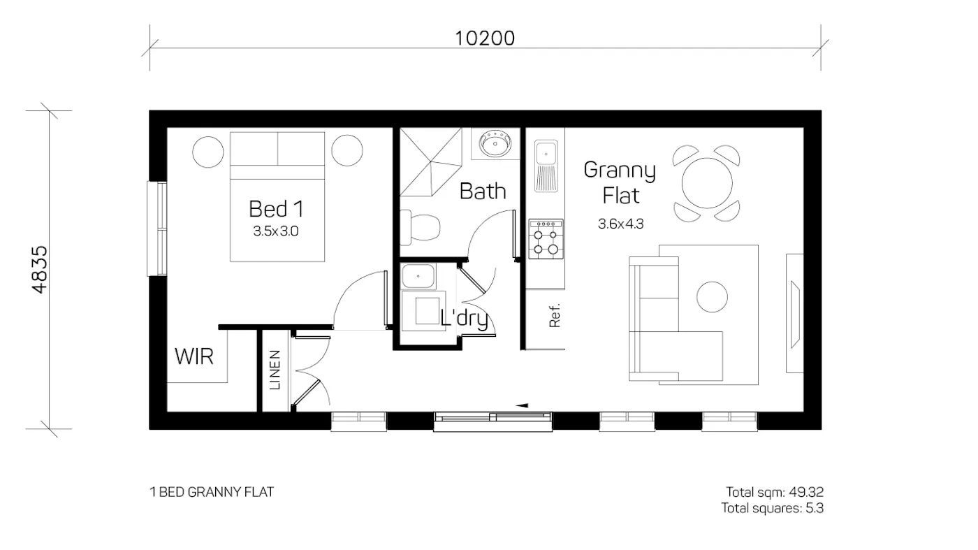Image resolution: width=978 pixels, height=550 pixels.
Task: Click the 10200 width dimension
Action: click(485, 38)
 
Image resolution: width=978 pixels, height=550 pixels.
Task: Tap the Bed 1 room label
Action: click(276, 208)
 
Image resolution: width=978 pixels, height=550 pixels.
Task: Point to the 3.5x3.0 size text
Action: click(276, 231)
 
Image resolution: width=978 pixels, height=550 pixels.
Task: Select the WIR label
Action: click(194, 357)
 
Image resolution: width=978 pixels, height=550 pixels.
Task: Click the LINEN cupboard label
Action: click(275, 370)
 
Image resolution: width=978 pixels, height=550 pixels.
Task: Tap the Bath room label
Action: click(483, 191)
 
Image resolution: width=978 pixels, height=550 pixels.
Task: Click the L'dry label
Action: click(464, 319)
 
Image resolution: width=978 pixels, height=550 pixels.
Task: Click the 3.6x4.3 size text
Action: click(620, 224)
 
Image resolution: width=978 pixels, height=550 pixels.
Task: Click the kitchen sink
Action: click(546, 165)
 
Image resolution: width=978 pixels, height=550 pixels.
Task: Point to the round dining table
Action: click(707, 182)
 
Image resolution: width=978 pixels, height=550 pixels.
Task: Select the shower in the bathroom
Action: click(430, 163)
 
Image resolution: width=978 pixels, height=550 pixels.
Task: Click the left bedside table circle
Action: click(208, 150)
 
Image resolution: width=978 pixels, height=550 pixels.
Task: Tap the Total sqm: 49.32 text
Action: click(775, 492)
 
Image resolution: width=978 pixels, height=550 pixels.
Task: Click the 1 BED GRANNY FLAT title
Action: click(212, 492)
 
